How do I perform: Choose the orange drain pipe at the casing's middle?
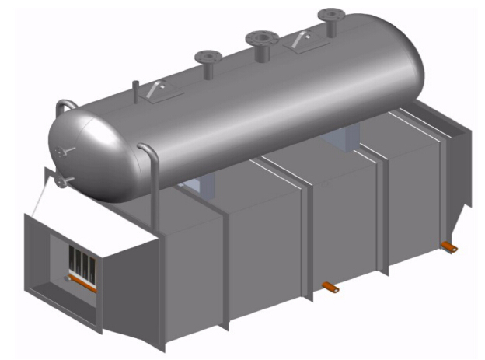pyautogui.click(x=330, y=288)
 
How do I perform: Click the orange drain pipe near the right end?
pyautogui.click(x=448, y=246)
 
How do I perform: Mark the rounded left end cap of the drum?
pyautogui.click(x=78, y=156)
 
